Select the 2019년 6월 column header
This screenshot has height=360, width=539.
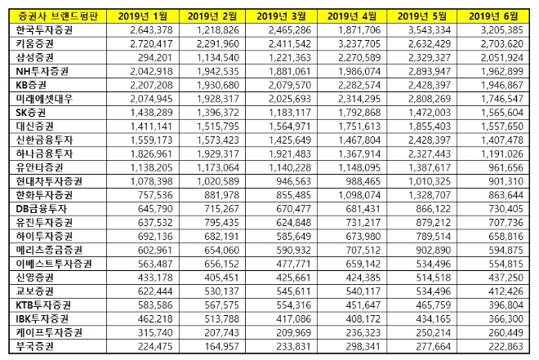coord(496,16)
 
